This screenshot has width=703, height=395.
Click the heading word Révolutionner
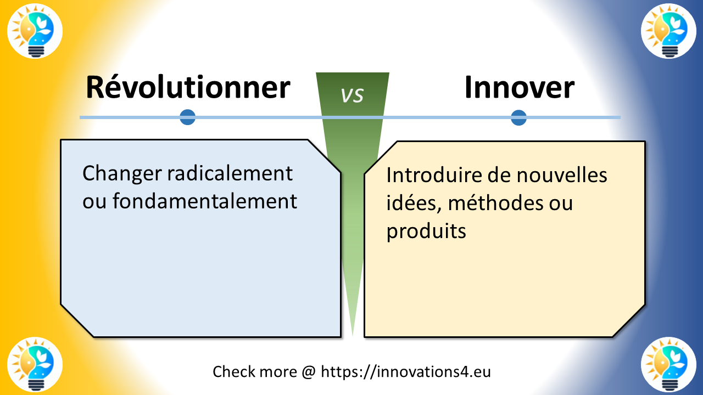pos(187,88)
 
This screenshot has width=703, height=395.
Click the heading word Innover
pos(519,88)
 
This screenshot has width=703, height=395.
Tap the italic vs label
pos(352,95)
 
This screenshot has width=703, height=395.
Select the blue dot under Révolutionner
pos(188,117)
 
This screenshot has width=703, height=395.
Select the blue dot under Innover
pos(518,117)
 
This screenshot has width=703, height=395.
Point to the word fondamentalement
pos(205,201)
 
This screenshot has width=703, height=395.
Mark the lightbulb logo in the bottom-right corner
pos(668,364)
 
